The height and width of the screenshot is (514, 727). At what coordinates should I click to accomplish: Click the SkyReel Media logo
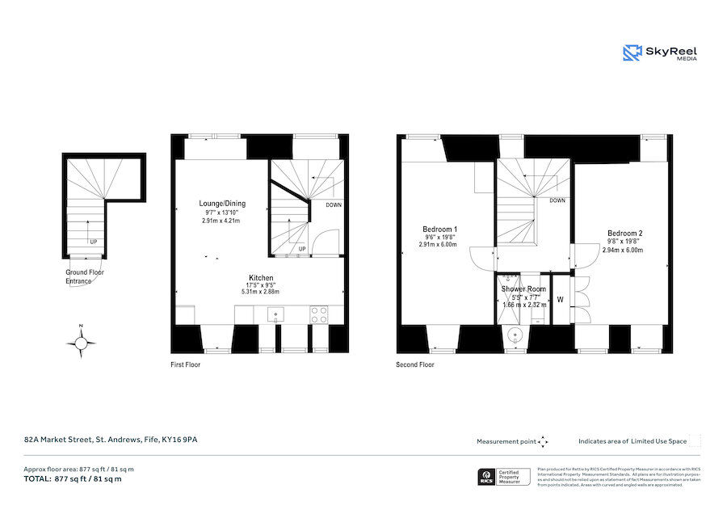pos(659,53)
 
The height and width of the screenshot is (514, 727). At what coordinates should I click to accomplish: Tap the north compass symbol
pos(81,343)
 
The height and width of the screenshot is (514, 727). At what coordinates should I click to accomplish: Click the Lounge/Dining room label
pos(222,204)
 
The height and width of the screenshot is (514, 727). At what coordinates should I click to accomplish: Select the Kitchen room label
pos(261,278)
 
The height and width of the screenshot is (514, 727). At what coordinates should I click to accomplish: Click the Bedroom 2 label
pos(624,234)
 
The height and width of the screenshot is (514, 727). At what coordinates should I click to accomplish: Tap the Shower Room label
pos(523,289)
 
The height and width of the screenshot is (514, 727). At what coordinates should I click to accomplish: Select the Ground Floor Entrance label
pos(85,276)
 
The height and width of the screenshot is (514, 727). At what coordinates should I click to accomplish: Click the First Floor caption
pos(185,365)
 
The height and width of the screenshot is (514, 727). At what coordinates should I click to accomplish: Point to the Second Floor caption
pos(414,365)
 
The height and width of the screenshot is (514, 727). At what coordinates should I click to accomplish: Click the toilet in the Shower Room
pos(514,335)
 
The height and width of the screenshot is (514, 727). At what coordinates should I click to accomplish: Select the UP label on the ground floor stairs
pos(94,242)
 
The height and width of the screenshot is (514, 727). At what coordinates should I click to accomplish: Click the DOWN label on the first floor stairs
pos(333,204)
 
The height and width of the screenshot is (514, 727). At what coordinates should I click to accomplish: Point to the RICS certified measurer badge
pos(503,477)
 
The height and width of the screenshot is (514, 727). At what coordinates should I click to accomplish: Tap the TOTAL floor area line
pos(72,479)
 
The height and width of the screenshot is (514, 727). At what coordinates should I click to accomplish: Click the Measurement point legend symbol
pos(543,442)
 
